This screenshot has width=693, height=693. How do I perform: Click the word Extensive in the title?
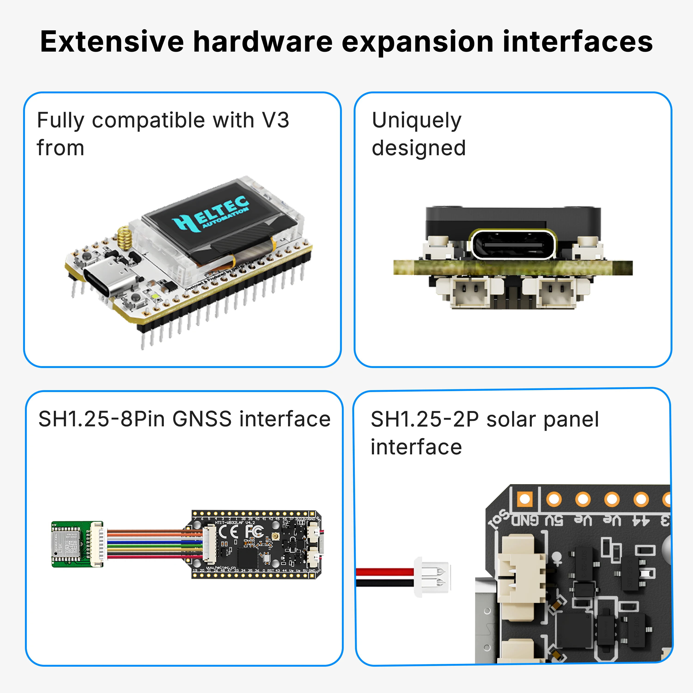click(112, 42)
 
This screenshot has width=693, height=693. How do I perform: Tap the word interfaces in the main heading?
click(577, 42)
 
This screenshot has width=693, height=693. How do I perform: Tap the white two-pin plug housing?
click(432, 577)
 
